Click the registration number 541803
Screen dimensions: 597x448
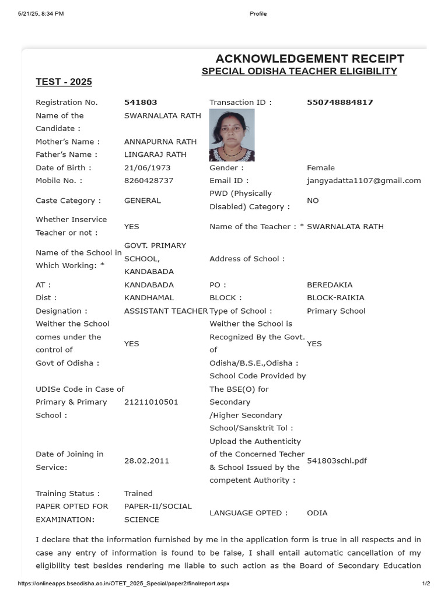[141, 103]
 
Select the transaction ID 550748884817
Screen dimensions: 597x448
[340, 103]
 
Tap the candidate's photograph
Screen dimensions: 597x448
[232, 135]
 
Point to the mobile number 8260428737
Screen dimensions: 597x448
[149, 181]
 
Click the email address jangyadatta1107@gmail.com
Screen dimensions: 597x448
[363, 181]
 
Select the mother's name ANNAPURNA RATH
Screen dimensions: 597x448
[160, 142]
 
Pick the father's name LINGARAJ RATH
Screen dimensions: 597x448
[155, 154]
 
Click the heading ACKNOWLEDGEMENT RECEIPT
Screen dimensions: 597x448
[310, 59]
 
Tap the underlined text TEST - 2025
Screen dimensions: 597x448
[64, 82]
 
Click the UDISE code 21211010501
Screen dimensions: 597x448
[151, 402]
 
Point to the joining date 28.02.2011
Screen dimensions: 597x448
[146, 461]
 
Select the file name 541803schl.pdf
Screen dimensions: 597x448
[337, 461]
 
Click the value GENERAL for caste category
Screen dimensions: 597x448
[142, 201]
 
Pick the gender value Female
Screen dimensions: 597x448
[321, 168]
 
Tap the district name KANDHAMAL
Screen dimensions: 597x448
[149, 298]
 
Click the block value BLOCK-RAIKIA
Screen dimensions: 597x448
[335, 298]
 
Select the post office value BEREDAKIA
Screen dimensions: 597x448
[330, 285]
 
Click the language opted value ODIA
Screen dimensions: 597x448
[317, 513]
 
